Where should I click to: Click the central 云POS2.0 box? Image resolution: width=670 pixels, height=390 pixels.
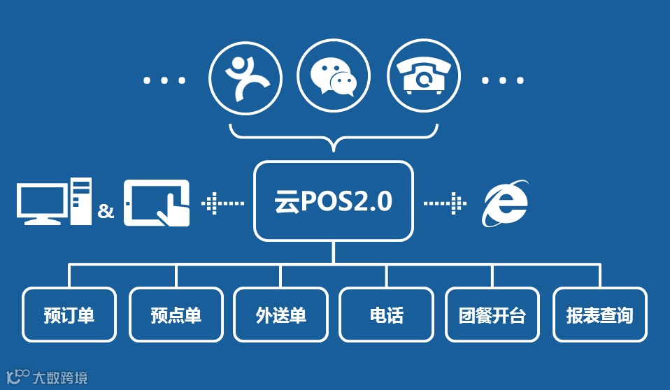tap(334, 201)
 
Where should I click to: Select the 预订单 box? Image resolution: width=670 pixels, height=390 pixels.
tap(69, 315)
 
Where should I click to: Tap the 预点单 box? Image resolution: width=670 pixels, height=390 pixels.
tap(176, 315)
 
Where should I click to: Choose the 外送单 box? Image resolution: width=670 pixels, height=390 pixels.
tap(281, 315)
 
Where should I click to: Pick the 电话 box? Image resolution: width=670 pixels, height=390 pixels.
tap(387, 315)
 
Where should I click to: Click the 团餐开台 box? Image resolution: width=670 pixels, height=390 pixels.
tap(492, 315)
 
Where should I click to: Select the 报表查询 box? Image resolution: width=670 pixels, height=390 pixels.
tap(599, 315)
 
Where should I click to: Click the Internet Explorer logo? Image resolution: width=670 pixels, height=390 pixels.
tap(505, 203)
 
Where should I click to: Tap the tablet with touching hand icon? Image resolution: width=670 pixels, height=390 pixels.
tap(157, 203)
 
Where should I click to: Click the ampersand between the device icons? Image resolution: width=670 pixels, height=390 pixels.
tap(106, 211)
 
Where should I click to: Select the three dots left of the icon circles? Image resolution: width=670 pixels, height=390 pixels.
tap(165, 80)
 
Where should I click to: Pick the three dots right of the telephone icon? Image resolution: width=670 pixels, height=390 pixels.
tap(503, 80)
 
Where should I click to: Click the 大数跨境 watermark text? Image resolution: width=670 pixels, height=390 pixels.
tap(60, 378)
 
